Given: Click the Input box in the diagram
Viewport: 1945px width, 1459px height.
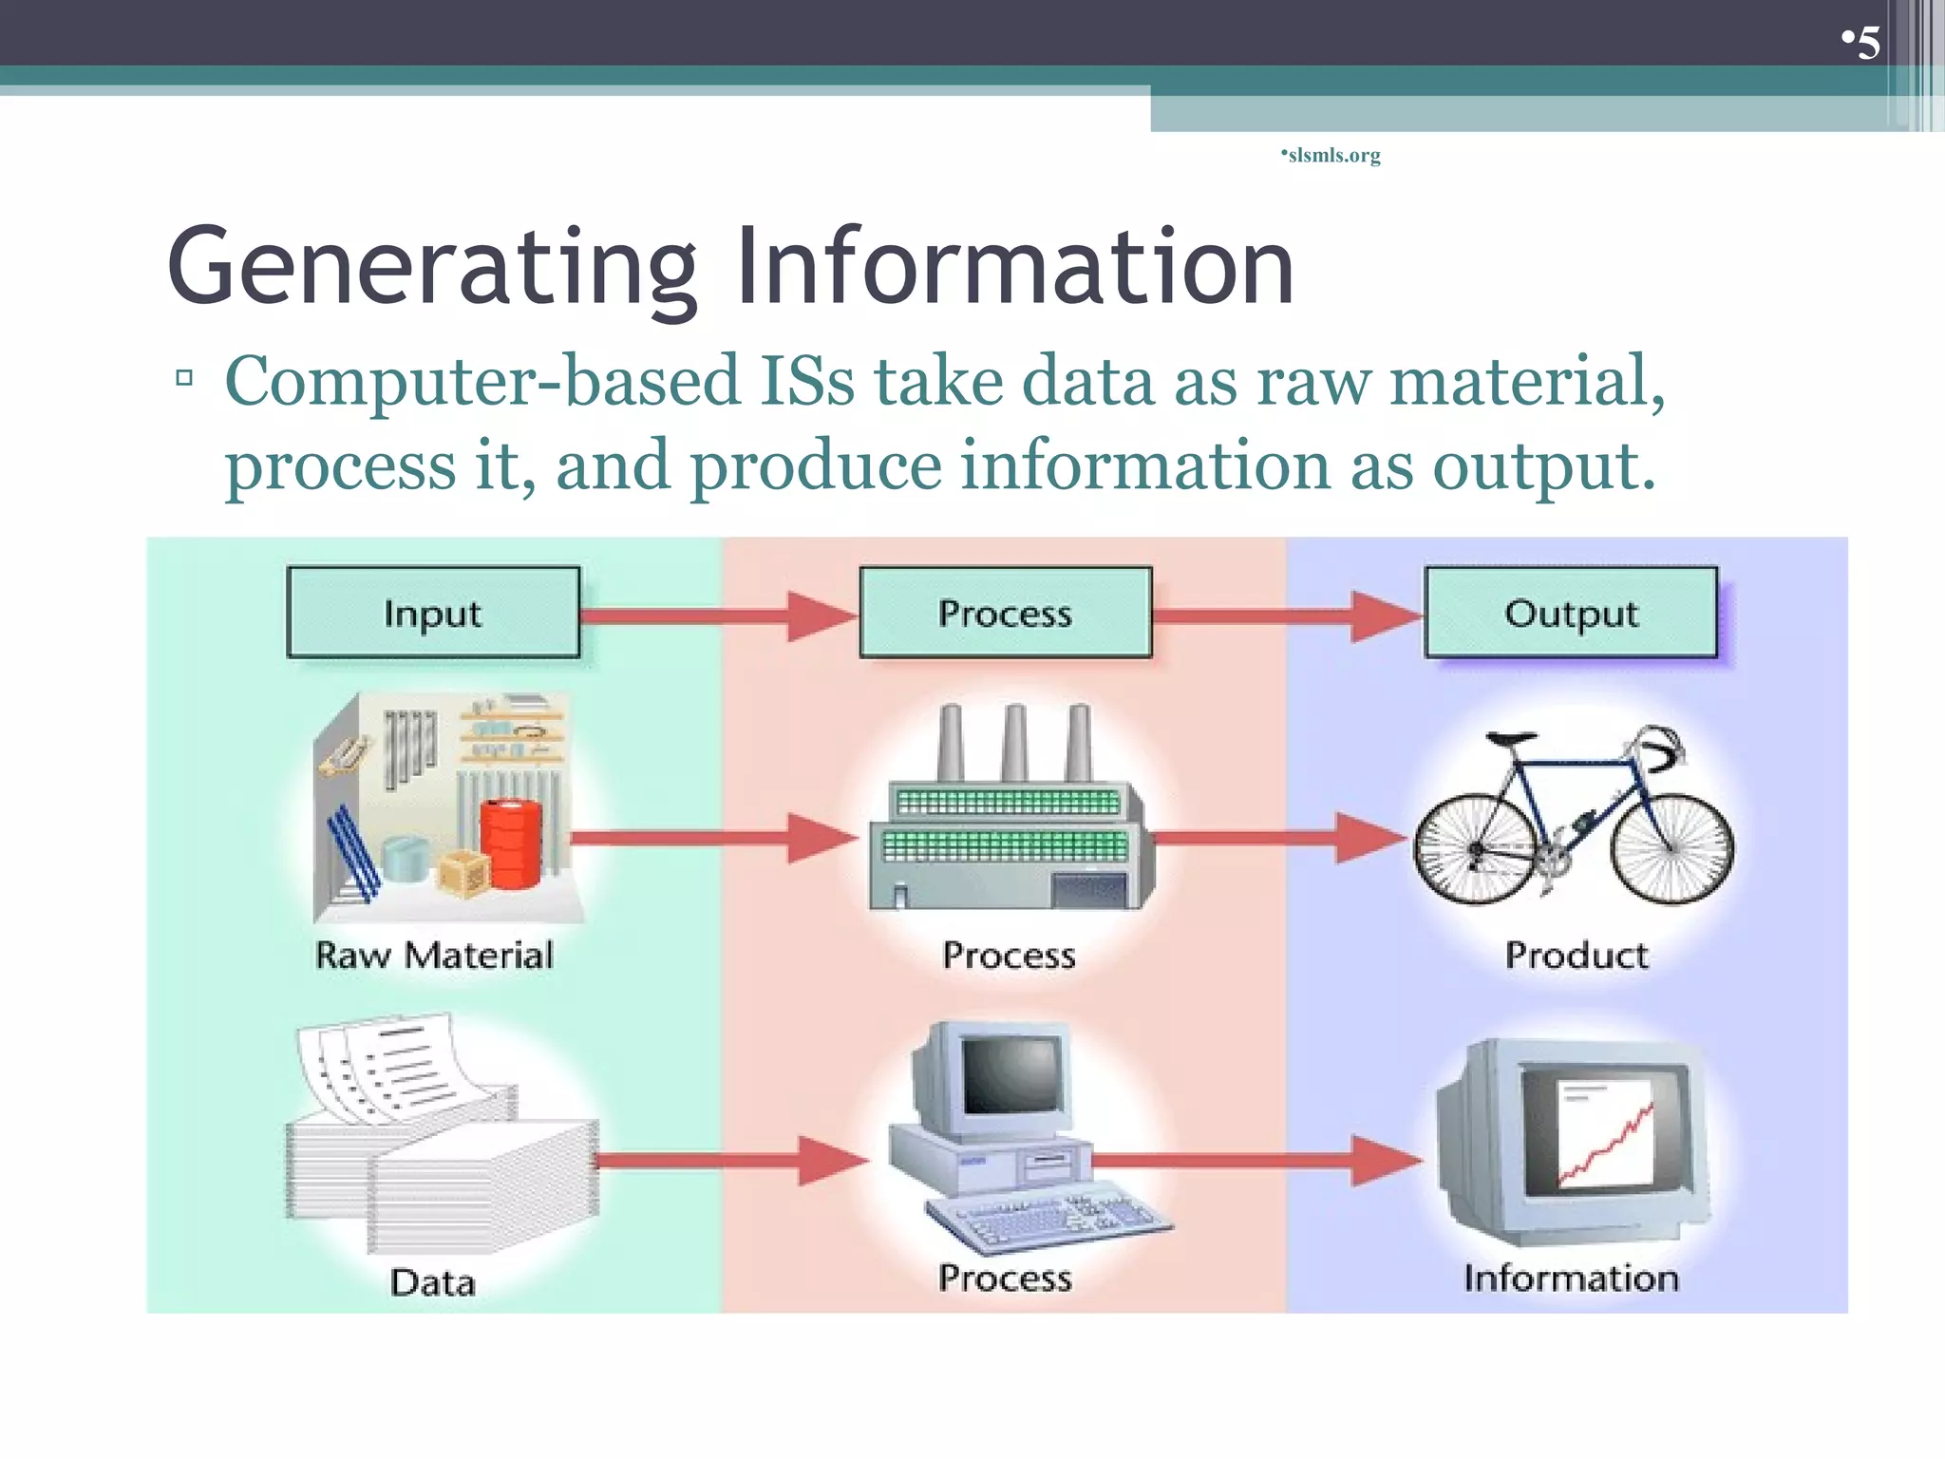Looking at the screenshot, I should [433, 613].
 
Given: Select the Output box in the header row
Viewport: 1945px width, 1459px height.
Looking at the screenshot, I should [1571, 613].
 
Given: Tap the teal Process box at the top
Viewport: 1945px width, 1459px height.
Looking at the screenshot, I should [1005, 613].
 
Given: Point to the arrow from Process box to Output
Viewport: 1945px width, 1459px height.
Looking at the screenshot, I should [1287, 616].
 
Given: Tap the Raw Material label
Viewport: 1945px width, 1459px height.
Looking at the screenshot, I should [434, 955].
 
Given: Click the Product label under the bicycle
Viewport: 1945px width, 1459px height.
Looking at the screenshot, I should [1577, 955].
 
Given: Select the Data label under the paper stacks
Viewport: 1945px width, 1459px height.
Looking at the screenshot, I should [432, 1282].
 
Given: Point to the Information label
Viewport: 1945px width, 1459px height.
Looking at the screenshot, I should [1571, 1278].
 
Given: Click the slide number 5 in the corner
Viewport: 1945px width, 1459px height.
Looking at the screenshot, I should [1867, 43].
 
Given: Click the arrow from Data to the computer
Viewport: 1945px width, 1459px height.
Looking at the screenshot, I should [731, 1161].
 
